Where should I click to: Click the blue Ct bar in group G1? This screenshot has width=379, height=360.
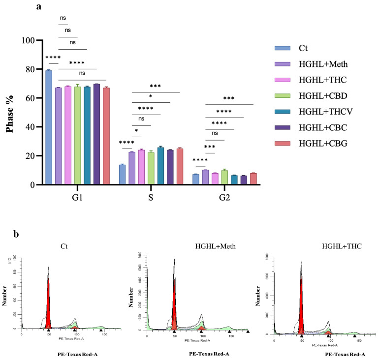49,127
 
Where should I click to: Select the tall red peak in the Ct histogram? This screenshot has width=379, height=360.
48,302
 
